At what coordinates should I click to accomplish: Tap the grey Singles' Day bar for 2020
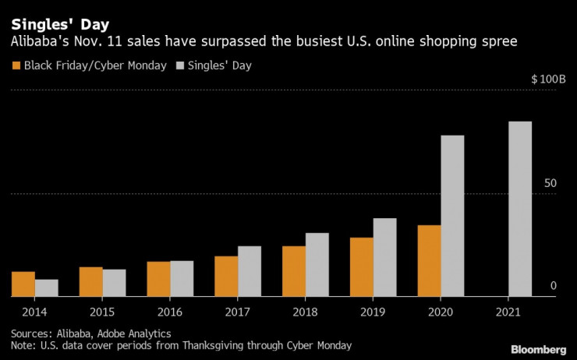click(x=452, y=216)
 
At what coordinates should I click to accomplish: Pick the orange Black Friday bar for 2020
click(x=429, y=261)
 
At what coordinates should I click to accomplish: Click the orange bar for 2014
click(x=23, y=284)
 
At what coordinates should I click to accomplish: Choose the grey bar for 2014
click(x=47, y=288)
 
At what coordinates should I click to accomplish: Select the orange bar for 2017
click(x=226, y=277)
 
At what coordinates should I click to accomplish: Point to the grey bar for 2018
click(x=317, y=265)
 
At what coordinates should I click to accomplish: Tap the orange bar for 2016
click(x=159, y=279)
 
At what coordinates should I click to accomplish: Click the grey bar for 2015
click(x=114, y=283)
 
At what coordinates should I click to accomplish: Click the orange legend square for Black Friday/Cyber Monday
click(x=17, y=65)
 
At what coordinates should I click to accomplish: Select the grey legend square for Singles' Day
click(x=184, y=65)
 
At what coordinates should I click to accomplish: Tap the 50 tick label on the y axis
click(x=550, y=183)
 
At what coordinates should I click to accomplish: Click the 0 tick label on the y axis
click(x=553, y=286)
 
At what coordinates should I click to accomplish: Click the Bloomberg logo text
click(x=538, y=348)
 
